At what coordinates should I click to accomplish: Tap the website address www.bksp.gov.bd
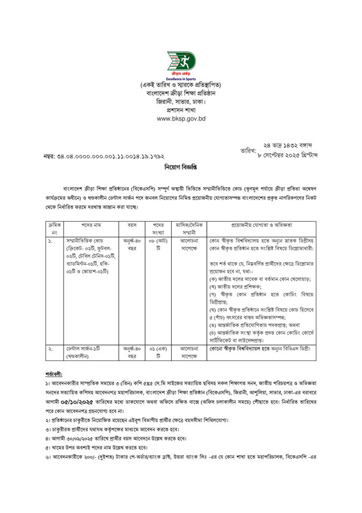pyautogui.click(x=181, y=119)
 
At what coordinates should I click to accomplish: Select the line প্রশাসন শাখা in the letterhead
pyautogui.click(x=181, y=110)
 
